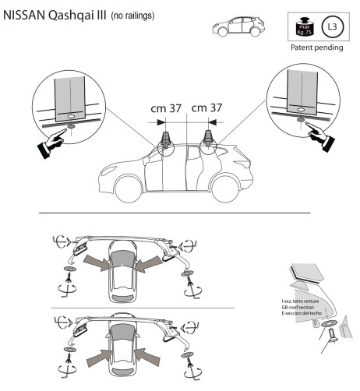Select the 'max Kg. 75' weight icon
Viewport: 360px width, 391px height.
point(299,27)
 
